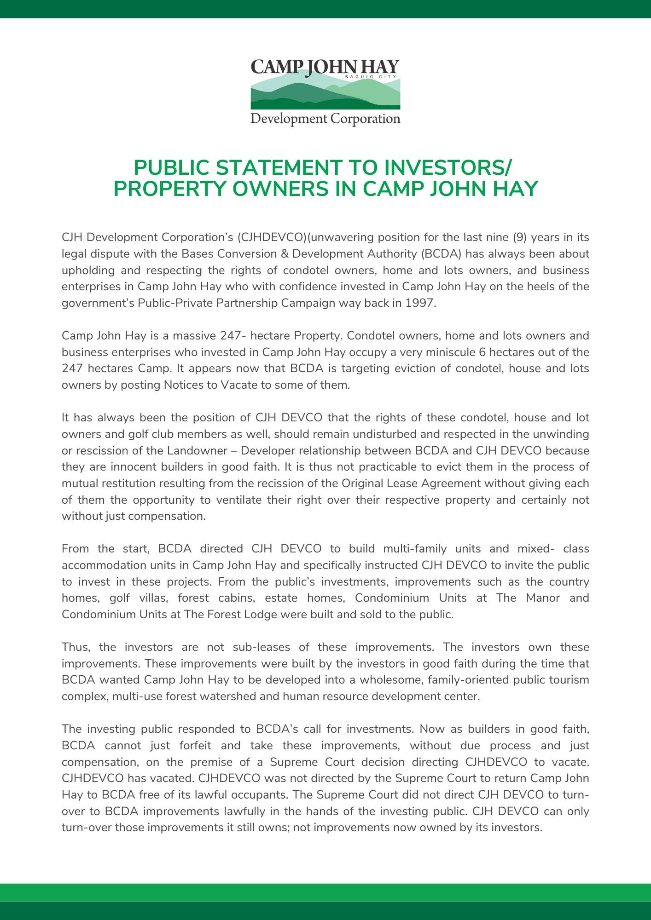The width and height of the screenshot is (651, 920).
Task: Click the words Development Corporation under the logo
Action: pyautogui.click(x=325, y=119)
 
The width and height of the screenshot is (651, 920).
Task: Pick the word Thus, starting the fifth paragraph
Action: pyautogui.click(x=74, y=647)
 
